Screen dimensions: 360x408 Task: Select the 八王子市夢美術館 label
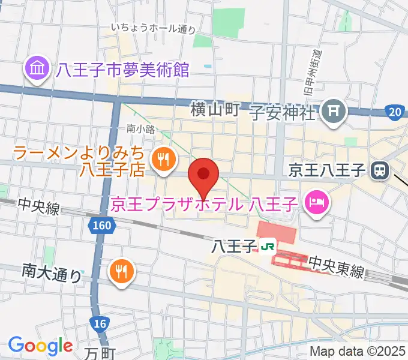[x=123, y=71]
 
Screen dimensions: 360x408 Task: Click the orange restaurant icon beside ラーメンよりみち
[x=163, y=159]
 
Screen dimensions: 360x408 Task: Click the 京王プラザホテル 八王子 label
[x=205, y=204]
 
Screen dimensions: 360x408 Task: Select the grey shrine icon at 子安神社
[x=332, y=111]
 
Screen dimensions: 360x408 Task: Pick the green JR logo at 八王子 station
[x=268, y=245]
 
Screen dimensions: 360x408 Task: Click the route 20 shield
[x=394, y=111]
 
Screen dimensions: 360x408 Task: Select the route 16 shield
[x=100, y=324]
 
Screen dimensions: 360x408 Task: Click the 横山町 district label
[x=215, y=109]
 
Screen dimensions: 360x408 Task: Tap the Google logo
[x=40, y=345]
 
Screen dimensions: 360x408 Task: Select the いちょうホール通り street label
[x=154, y=28]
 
